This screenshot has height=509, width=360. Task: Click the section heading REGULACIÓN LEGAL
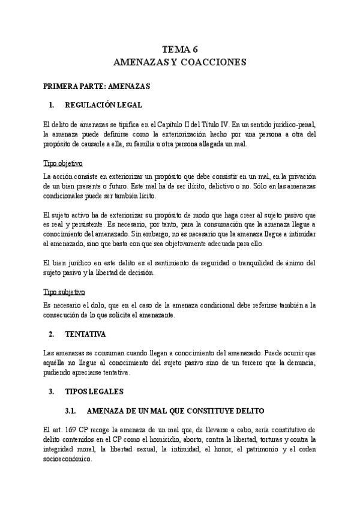[112, 106]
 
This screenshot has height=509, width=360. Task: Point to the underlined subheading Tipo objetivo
[63, 163]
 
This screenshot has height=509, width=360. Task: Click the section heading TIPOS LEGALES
[94, 391]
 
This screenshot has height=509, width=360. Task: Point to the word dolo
[89, 306]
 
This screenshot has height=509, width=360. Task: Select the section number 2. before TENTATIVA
[52, 333]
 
